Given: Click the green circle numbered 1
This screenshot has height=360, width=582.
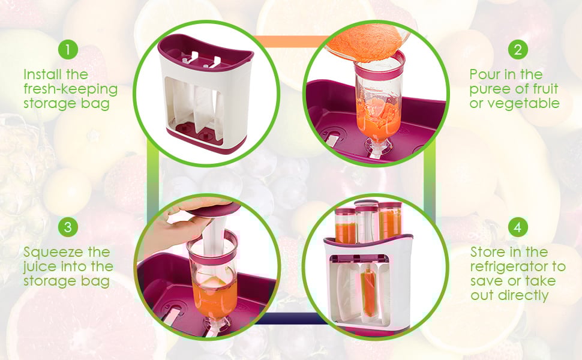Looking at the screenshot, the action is coord(68,49).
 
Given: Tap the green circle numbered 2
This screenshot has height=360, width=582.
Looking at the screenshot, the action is coord(518,49).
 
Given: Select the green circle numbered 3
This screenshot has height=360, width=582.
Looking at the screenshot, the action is coord(68,227).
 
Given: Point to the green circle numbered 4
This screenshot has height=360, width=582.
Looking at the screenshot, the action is coord(518,227).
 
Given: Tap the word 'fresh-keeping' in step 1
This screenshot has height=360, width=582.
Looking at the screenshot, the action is coord(71,89).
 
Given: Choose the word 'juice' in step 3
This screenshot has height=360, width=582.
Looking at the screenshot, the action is coord(39,266).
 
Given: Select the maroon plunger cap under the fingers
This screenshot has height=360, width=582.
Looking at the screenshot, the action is coord(215,210).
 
